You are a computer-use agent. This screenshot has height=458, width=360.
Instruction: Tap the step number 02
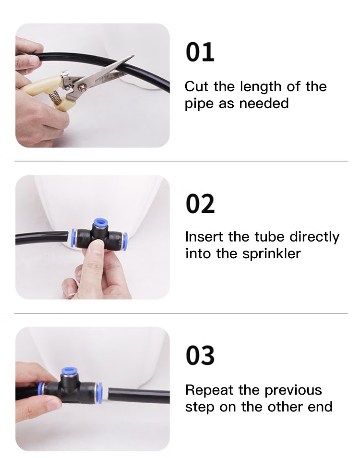point(200,204)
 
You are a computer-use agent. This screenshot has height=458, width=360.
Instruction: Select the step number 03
point(200,355)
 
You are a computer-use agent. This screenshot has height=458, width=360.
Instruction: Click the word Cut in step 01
point(197,87)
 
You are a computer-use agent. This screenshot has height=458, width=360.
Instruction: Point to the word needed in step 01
point(264,103)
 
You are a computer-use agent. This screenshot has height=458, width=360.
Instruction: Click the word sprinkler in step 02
point(272,253)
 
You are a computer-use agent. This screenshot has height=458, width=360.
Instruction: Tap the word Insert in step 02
point(204,237)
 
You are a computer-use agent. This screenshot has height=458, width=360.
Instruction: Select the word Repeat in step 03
point(209,390)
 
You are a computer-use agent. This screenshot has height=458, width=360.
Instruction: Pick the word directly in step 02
point(314,237)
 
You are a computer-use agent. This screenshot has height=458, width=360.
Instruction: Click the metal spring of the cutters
point(56,97)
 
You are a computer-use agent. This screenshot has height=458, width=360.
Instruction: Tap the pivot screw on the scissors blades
point(82,86)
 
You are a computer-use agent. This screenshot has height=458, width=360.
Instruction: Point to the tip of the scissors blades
point(134,56)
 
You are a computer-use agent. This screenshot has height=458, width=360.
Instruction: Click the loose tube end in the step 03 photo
point(109,395)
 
